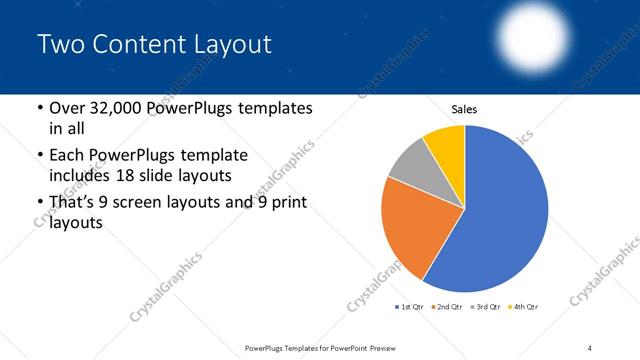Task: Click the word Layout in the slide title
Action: tap(230, 45)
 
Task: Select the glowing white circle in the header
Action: tap(532, 32)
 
